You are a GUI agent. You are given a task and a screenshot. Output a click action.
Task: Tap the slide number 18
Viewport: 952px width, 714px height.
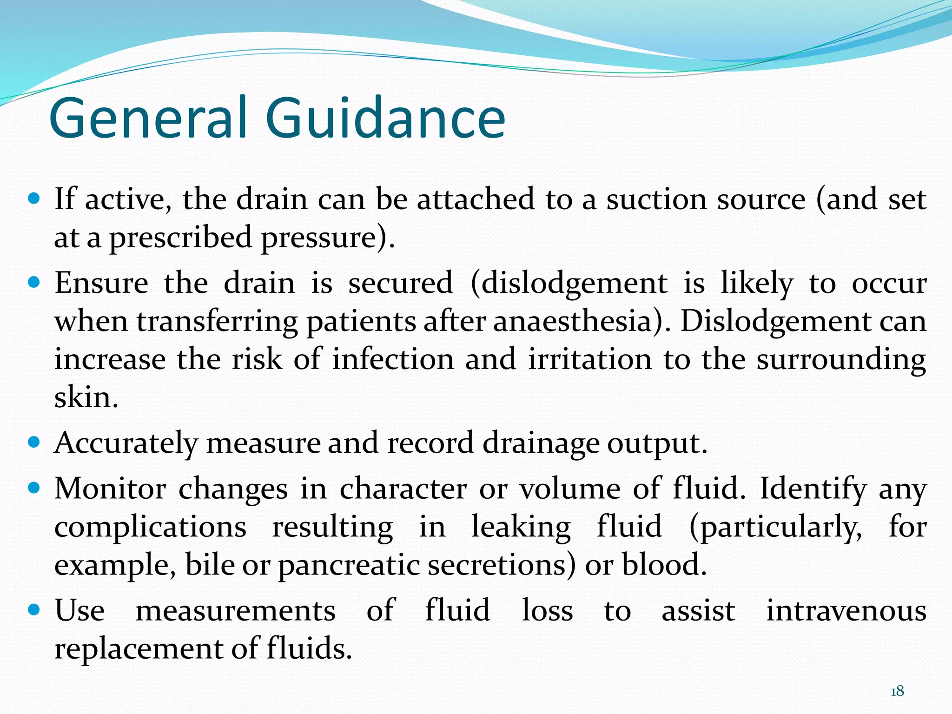pyautogui.click(x=897, y=691)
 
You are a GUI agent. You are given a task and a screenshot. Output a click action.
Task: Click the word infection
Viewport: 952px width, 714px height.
pyautogui.click(x=393, y=360)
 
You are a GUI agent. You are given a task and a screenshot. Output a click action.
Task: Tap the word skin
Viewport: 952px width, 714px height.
pyautogui.click(x=86, y=398)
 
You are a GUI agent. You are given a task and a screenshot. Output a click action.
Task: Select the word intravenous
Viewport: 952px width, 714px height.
pyautogui.click(x=846, y=611)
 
